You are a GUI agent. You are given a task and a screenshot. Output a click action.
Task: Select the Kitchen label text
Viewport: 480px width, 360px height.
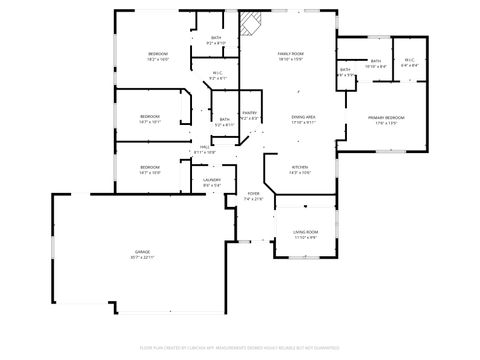(x=299, y=166)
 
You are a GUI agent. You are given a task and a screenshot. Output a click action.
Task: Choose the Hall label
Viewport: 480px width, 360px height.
(x=204, y=147)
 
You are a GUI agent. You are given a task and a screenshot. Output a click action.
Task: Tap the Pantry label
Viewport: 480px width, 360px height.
(x=249, y=113)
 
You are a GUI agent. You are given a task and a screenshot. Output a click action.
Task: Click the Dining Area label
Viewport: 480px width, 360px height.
(x=304, y=117)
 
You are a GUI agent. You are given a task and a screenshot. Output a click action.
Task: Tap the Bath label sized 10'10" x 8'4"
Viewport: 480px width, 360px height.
(x=376, y=61)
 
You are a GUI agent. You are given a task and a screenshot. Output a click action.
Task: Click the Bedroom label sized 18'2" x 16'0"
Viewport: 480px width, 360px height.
(x=158, y=53)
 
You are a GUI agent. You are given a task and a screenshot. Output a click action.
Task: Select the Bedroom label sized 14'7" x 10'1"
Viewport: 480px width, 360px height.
(x=150, y=117)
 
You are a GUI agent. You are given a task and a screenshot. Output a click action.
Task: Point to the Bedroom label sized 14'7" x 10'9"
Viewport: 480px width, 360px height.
(x=150, y=166)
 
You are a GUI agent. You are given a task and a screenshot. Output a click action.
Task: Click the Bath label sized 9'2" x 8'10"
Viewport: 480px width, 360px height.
(x=216, y=38)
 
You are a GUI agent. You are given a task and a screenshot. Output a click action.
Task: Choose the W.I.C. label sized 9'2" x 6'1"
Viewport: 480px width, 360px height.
(x=217, y=73)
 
